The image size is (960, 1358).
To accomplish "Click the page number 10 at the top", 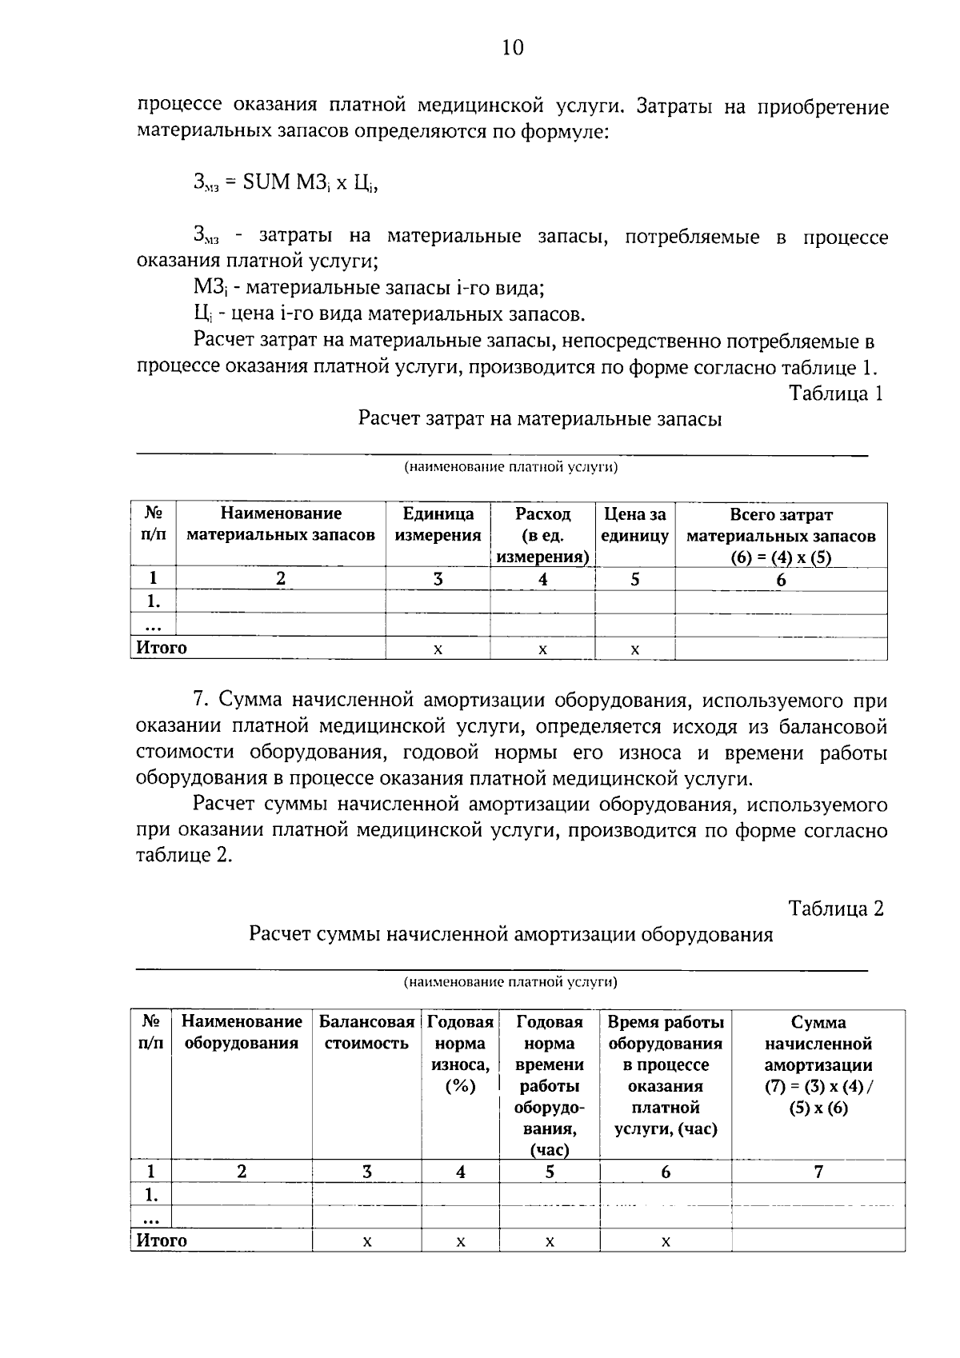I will tap(512, 48).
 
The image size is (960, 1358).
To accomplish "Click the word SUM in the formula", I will tap(266, 182).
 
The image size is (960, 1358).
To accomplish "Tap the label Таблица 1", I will tap(836, 393).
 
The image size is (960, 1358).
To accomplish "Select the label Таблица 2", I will tap(836, 909).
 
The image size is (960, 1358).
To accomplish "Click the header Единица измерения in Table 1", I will tap(438, 525).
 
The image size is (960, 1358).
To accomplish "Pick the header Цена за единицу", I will tap(634, 525).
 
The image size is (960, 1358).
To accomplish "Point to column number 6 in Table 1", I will tap(781, 580).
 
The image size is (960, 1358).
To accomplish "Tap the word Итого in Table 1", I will tap(162, 648).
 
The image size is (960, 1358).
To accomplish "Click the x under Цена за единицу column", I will tap(634, 650).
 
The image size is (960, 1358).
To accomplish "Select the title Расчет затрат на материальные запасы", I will tap(540, 419).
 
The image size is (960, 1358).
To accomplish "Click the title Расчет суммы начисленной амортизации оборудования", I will tap(510, 934).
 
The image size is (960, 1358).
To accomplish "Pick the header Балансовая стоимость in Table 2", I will tap(366, 1032).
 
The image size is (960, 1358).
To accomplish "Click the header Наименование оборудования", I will tap(242, 1032).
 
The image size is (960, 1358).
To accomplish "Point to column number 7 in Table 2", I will tap(818, 1172).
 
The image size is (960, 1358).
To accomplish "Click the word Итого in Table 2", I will tap(162, 1240).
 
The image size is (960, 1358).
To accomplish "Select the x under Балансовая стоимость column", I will tap(366, 1242).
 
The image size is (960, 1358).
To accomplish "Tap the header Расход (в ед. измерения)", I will tap(542, 535).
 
